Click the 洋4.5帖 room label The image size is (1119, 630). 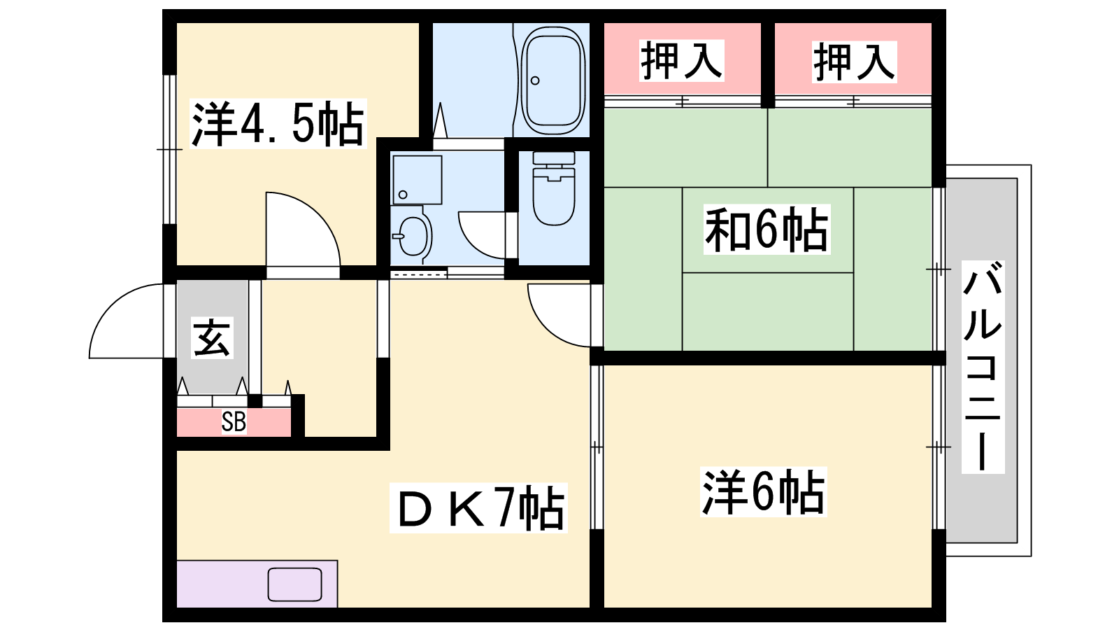pos(278,123)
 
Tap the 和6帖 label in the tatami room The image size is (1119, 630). pos(767,230)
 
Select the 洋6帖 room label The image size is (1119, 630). pos(763,492)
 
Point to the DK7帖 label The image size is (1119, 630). pos(478,507)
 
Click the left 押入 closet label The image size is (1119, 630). pos(682,60)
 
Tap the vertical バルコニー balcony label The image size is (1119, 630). pos(983,367)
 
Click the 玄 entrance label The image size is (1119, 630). pos(212,339)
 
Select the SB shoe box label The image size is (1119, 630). pos(234,422)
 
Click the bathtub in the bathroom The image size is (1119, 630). pos(553,80)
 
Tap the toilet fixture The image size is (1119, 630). pos(553,188)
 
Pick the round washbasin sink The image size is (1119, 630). pos(413,236)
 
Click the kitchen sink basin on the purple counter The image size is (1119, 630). pos(294,584)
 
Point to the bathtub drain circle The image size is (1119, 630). pos(535,80)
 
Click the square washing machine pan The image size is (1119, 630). pos(417,179)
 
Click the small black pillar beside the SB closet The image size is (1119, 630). pos(255,400)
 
